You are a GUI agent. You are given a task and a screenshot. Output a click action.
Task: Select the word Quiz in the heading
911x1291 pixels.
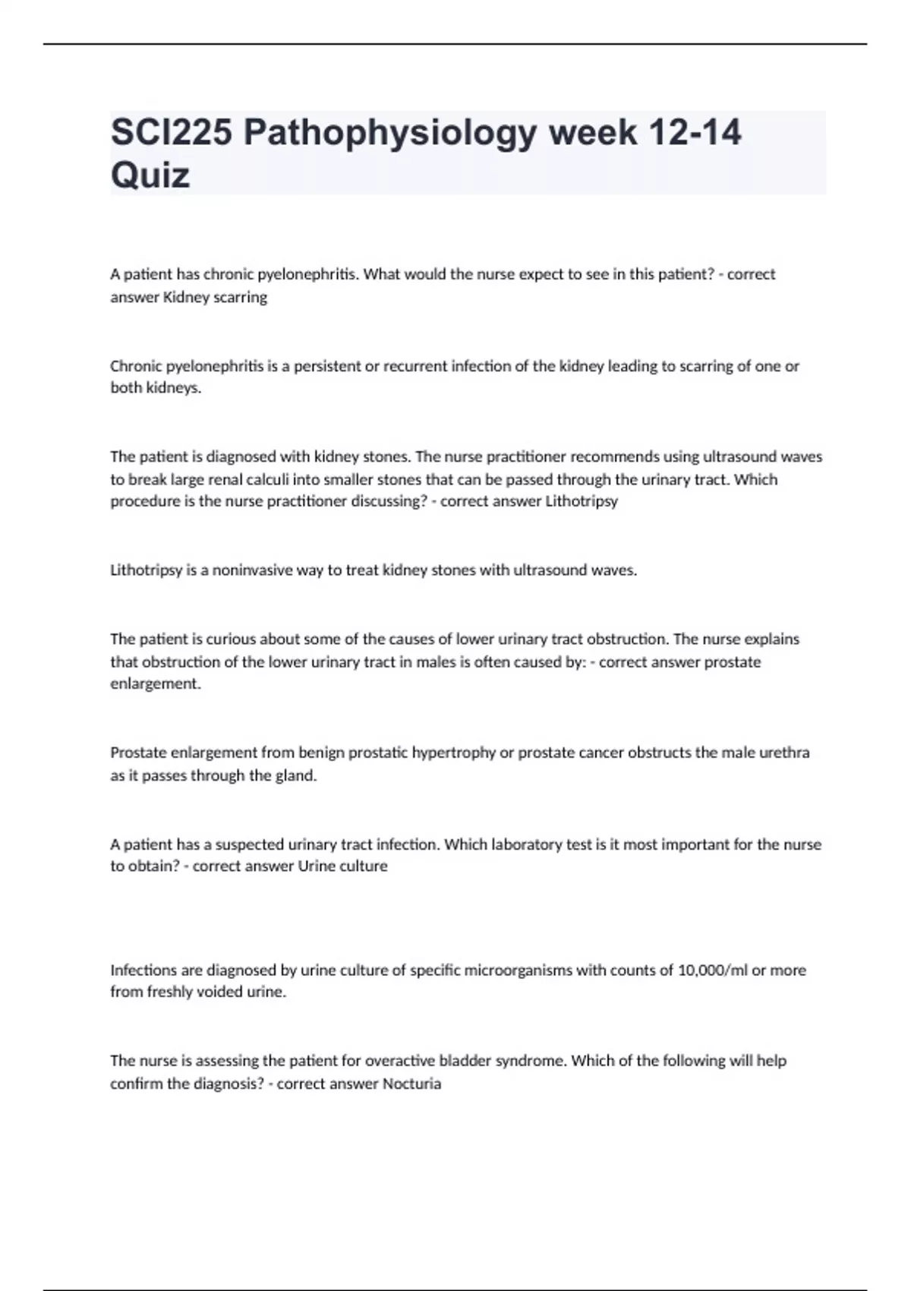click(150, 175)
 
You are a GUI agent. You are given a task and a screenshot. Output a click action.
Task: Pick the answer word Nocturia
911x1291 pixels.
click(411, 1084)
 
